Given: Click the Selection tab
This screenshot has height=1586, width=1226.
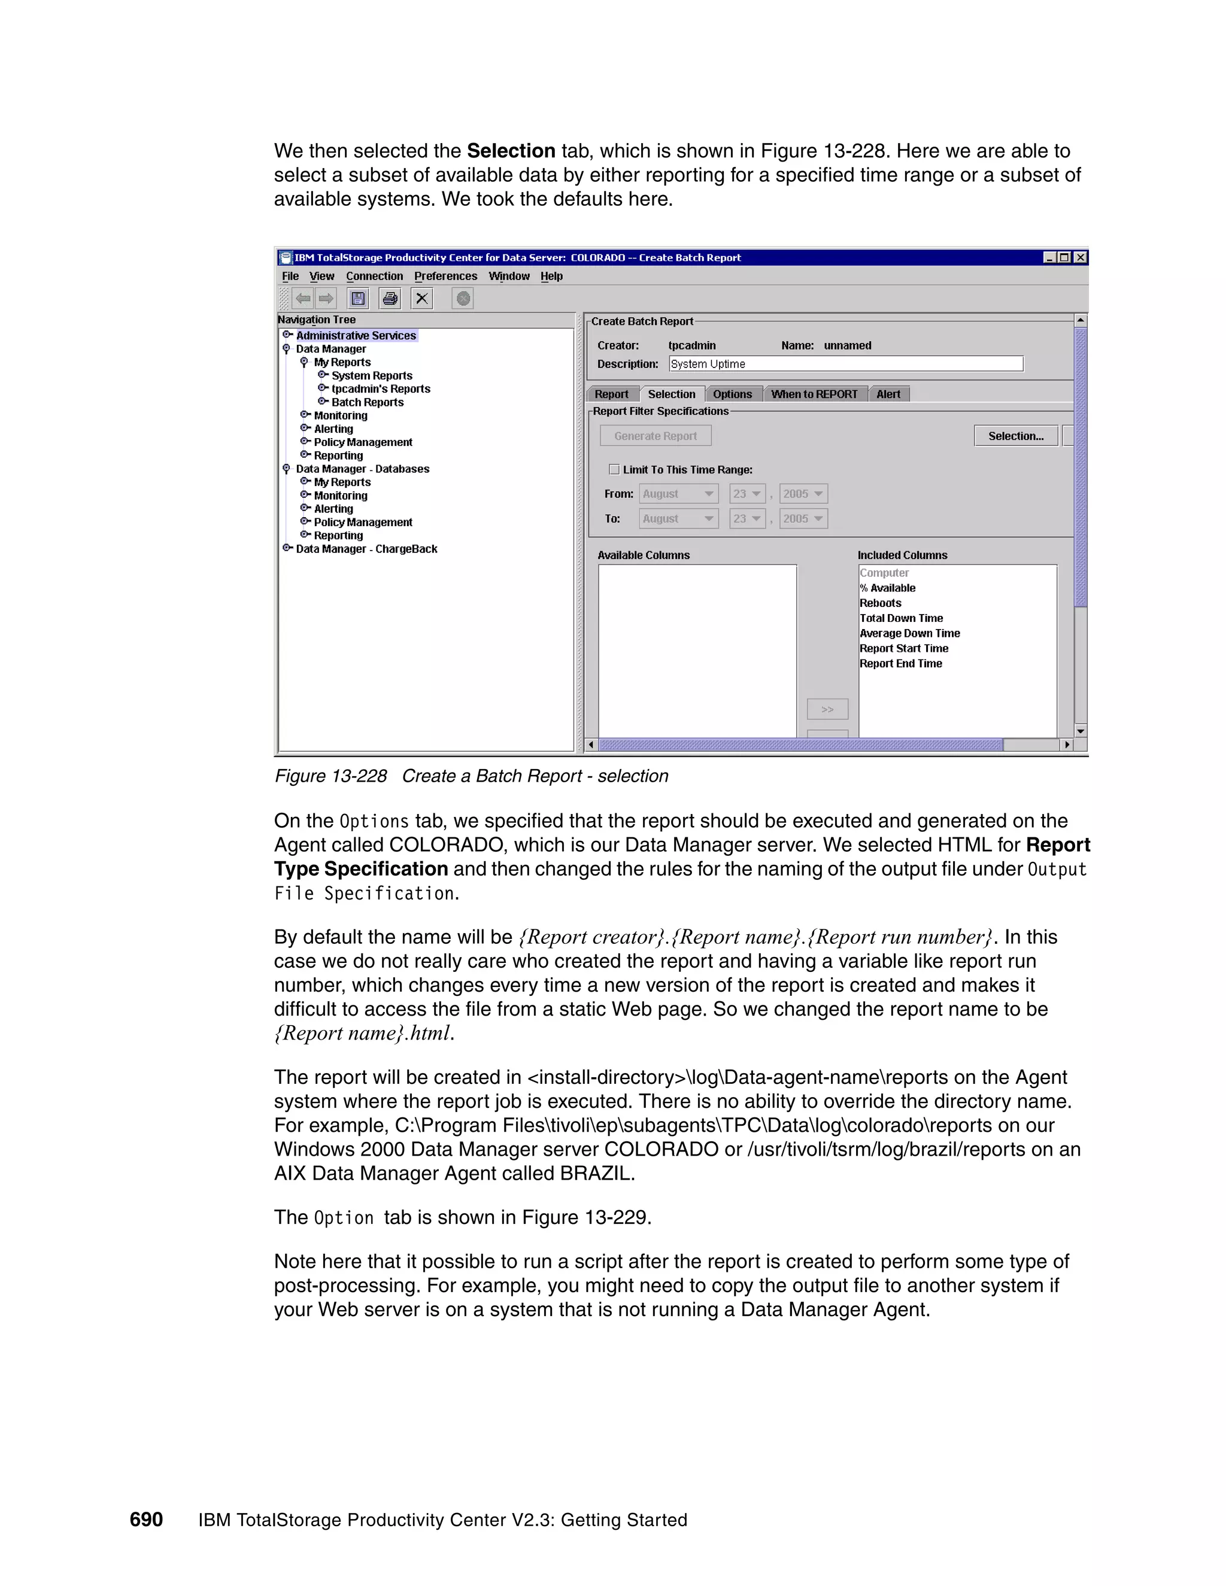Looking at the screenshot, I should click(x=671, y=394).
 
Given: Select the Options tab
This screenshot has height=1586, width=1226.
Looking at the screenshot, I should click(x=732, y=394).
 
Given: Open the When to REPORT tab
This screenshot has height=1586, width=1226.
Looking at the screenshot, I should click(x=814, y=394).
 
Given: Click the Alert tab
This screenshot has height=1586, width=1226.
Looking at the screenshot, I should click(x=888, y=394).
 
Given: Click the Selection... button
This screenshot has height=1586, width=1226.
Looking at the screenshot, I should click(x=1015, y=436).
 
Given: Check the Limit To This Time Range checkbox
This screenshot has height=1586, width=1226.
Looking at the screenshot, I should click(x=614, y=469).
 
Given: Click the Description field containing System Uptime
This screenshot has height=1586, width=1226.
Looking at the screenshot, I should click(x=845, y=364).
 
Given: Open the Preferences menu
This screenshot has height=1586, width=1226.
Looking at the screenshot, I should click(x=445, y=276).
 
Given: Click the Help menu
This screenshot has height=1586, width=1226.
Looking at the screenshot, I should click(x=551, y=276).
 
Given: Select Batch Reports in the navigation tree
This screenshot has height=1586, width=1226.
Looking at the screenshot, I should click(x=368, y=402).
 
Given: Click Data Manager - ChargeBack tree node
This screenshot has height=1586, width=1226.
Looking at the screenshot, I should click(x=366, y=549).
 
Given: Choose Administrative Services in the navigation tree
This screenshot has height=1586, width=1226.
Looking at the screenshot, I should click(x=356, y=336).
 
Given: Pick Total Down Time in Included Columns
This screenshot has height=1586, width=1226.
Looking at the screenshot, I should click(x=900, y=618).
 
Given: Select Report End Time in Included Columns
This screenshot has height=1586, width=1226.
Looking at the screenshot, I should click(x=900, y=664).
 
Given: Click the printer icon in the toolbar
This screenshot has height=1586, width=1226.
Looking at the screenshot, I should click(x=390, y=299).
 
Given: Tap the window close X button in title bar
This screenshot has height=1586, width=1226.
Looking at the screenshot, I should click(x=1080, y=258).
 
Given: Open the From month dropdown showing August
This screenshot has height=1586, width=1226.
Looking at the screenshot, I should click(x=678, y=494).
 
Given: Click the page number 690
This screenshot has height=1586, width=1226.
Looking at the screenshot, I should click(x=146, y=1519).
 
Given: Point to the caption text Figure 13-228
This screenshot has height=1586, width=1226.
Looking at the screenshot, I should click(x=330, y=776).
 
